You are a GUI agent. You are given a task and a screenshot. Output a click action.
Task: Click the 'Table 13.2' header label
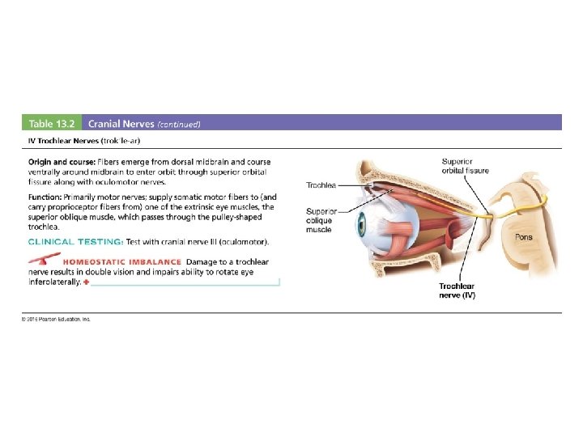51,124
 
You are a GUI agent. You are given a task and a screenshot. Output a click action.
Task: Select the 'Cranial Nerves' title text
121,124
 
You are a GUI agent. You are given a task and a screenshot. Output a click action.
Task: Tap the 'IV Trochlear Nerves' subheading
64,140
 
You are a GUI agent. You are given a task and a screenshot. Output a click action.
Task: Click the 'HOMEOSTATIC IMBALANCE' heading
121,261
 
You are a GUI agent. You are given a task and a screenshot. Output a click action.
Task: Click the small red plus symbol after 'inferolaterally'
87,282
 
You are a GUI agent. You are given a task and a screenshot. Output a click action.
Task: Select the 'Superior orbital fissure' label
465,166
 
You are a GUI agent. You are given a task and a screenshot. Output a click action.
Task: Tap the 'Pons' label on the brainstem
524,237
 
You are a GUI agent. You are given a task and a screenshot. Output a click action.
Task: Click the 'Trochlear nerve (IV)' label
457,291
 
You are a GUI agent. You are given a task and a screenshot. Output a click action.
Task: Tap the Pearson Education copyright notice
56,319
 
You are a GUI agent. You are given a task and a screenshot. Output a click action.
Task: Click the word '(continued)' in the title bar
178,124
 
